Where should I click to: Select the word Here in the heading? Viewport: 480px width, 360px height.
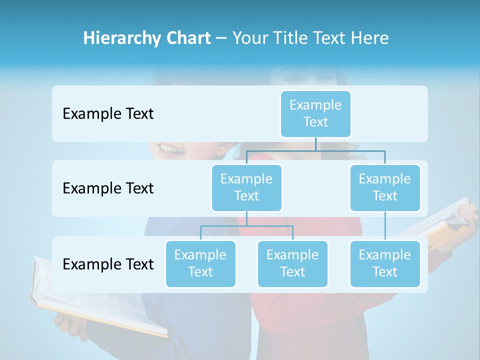point(370,38)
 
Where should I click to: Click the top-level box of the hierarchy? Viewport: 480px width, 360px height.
point(315,113)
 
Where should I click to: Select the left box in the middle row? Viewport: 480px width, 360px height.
point(246,187)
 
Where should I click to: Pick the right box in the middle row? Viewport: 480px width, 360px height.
point(385,187)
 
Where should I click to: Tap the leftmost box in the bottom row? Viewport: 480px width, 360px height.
point(200,263)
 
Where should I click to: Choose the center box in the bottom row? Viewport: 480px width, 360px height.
point(292,263)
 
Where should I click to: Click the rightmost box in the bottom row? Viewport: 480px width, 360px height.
point(385,263)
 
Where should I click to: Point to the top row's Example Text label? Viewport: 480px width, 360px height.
point(108,114)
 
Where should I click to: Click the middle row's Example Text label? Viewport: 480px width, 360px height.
point(108,188)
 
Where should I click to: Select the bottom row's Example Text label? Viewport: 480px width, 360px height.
point(108,264)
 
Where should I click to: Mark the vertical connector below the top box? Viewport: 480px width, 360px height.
point(315,144)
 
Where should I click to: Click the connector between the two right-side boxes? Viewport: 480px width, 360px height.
point(385,225)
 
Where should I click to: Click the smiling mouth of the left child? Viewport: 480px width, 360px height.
point(170,148)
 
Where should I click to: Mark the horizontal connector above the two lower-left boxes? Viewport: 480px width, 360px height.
point(246,226)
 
